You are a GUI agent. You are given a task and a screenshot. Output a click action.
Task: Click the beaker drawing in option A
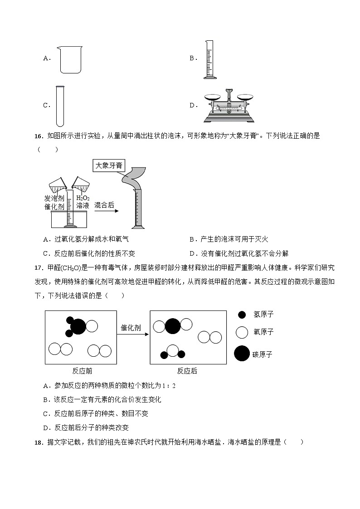70,59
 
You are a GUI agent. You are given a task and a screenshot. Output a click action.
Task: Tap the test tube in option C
60,106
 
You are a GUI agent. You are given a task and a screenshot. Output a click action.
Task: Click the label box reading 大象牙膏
108,166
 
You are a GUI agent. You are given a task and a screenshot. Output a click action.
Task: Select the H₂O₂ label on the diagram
83,198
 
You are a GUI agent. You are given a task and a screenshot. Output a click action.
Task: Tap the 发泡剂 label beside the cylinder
54,198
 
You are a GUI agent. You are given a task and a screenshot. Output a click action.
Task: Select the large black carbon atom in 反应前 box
78,326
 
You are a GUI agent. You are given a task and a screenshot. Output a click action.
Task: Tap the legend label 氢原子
263,314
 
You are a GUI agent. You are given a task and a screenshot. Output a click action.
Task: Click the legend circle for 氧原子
242,332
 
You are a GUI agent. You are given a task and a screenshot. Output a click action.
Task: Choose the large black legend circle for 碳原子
242,354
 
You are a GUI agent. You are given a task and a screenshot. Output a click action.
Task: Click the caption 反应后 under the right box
187,371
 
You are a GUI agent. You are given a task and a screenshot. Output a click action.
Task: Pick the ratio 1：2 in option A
168,386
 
